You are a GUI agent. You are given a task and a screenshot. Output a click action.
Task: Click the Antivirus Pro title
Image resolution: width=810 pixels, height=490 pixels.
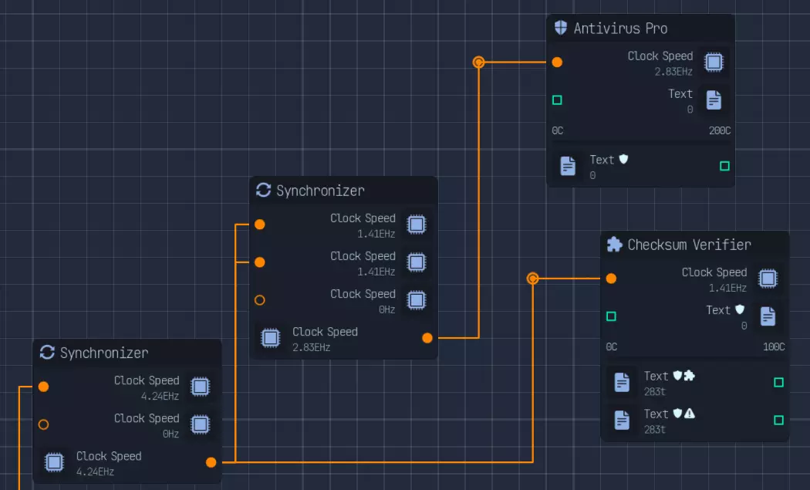[x=620, y=29]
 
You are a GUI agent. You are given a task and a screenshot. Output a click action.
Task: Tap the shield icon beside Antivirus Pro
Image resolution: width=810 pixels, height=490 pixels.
[x=561, y=29]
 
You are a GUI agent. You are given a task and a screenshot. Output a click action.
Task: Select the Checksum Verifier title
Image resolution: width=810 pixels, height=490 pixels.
[x=689, y=245]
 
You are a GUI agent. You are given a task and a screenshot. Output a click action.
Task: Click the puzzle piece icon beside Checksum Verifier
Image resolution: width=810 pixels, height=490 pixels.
[x=615, y=245]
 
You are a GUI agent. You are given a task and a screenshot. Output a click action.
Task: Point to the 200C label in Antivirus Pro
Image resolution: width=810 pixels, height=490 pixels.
[x=719, y=130]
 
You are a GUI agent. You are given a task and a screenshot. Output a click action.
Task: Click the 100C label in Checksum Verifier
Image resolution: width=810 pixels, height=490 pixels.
[x=773, y=346]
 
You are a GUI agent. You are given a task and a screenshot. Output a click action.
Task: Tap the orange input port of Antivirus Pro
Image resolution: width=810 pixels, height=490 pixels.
[x=557, y=63]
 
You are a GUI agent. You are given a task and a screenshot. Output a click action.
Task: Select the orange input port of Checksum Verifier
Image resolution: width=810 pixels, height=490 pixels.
[x=611, y=279]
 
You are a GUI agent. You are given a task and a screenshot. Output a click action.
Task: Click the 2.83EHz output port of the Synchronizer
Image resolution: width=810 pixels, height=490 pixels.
[x=427, y=337]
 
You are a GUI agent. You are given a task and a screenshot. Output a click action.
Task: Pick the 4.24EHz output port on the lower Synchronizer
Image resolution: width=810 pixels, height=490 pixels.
[x=211, y=462]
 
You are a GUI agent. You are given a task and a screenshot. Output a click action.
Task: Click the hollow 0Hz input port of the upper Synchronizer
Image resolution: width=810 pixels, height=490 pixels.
[x=260, y=300]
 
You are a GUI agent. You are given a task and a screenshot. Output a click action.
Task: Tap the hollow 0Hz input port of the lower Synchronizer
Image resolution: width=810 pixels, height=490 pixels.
[x=44, y=424]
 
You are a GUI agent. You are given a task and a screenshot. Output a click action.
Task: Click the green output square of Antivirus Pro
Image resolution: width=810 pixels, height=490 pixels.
[x=724, y=166]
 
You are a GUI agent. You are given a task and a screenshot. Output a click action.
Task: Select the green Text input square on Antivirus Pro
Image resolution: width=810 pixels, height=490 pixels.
[x=557, y=100]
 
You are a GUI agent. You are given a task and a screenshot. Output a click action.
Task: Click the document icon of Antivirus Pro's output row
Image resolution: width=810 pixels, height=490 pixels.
[x=568, y=166]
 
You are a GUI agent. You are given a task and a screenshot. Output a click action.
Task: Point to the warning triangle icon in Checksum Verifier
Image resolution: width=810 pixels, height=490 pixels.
[x=690, y=414]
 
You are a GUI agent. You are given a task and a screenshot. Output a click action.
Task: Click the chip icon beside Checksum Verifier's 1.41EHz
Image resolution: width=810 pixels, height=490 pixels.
[x=768, y=279]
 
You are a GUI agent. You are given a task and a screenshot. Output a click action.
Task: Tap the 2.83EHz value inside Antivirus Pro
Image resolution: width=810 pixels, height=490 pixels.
[x=673, y=72]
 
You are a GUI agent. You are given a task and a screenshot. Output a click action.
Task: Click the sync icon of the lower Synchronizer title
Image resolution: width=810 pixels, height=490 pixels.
[x=47, y=353]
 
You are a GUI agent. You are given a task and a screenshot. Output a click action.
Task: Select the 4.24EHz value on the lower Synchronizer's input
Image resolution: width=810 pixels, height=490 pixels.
[x=160, y=396]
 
